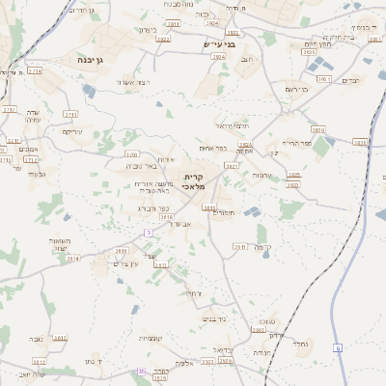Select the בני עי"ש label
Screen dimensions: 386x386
coord(220,44)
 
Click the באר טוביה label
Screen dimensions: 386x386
coord(141,166)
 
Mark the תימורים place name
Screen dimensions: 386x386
coord(223,212)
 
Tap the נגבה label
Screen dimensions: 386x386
coord(35,339)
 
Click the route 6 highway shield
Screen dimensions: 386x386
coord(338,347)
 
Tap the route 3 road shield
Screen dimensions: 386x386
coord(150,233)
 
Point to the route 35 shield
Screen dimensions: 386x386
coord(141,371)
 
